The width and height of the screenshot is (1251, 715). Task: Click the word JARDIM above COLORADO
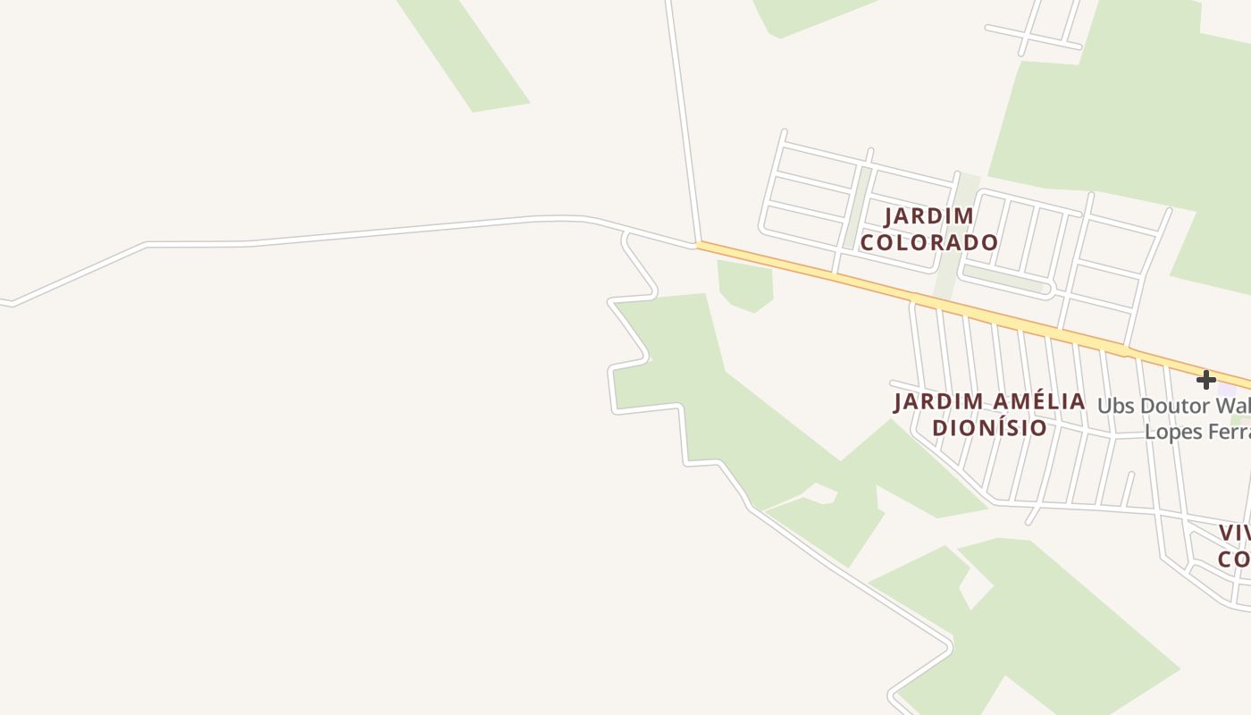tap(929, 216)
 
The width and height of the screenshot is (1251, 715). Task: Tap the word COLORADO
tap(929, 242)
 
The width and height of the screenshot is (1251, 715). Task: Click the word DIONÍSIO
tap(989, 427)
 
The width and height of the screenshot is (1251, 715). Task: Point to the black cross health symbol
tap(1206, 380)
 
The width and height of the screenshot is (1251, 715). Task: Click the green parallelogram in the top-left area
tap(465, 54)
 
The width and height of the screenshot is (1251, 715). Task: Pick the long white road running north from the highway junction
tap(681, 116)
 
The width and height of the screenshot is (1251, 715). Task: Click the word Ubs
tap(1115, 406)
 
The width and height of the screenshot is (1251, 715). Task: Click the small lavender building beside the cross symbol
tap(1227, 390)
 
